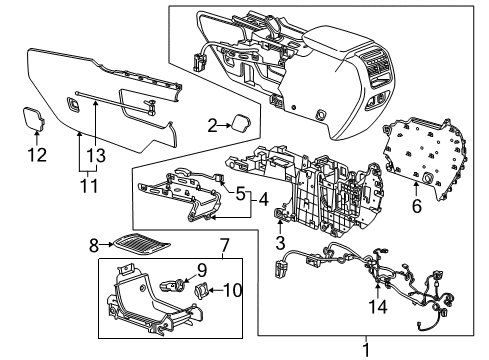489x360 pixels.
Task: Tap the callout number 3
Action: point(281,242)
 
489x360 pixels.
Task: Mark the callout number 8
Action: point(94,242)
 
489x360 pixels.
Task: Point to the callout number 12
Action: point(36,154)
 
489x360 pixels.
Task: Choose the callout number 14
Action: point(376,307)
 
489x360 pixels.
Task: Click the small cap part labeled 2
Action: point(241,123)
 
